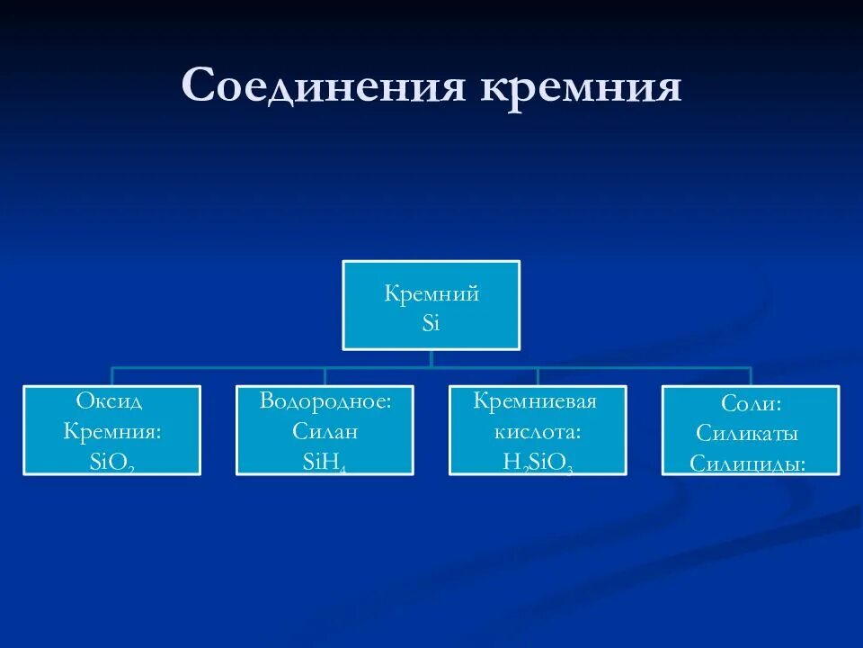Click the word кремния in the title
(580, 87)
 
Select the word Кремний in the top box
(431, 293)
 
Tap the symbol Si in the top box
(431, 323)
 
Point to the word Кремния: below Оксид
(111, 431)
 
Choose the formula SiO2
(111, 463)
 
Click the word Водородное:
(325, 400)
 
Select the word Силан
(325, 432)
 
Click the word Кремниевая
(538, 400)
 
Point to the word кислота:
(538, 432)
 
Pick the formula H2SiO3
(538, 463)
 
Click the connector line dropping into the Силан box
(325, 376)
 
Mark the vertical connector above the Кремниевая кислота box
(538, 376)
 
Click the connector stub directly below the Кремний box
(431, 357)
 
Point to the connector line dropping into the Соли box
(751, 376)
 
